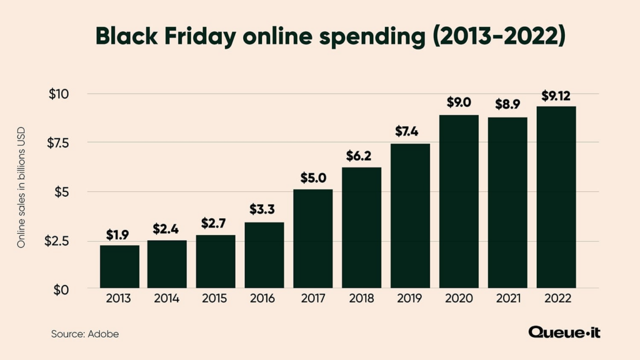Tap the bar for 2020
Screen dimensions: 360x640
coord(458,201)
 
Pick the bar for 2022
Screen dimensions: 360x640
coord(556,197)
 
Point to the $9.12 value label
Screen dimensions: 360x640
coord(556,96)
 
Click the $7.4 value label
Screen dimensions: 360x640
coord(410,132)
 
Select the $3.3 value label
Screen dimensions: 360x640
coord(264,209)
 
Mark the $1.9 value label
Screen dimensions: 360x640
coord(119,235)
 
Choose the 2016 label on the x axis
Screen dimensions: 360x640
coord(264,299)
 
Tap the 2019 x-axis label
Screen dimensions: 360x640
coord(410,299)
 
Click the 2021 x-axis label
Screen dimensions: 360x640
coord(507,299)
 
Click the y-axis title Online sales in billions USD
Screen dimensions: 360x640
coord(21,192)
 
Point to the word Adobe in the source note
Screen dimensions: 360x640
coord(104,334)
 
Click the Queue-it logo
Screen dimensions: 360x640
coord(564,332)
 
